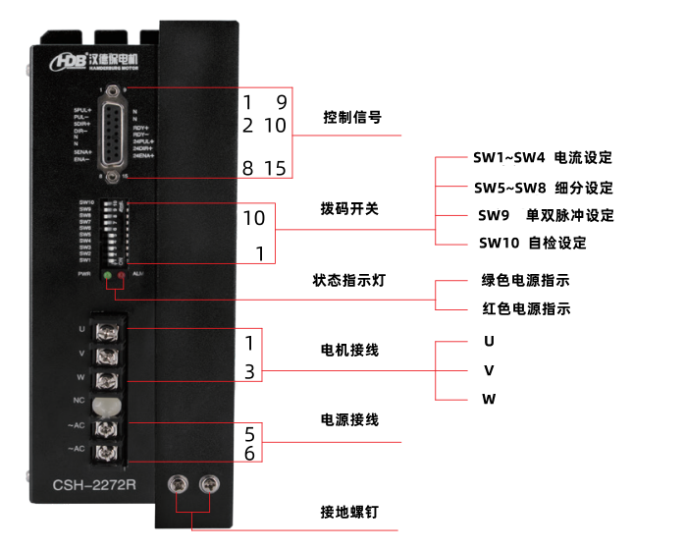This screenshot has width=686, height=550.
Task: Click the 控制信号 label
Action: pos(352,118)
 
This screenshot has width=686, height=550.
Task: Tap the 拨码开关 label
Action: pos(349,209)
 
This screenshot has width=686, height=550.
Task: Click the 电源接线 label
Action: pos(350,420)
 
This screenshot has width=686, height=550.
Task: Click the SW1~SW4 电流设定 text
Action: pos(543,158)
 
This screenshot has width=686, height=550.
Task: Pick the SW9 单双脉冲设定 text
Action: pos(546,215)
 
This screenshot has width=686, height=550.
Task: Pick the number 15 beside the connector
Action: pos(275,169)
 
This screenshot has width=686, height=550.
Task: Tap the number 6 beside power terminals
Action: pos(250,454)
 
